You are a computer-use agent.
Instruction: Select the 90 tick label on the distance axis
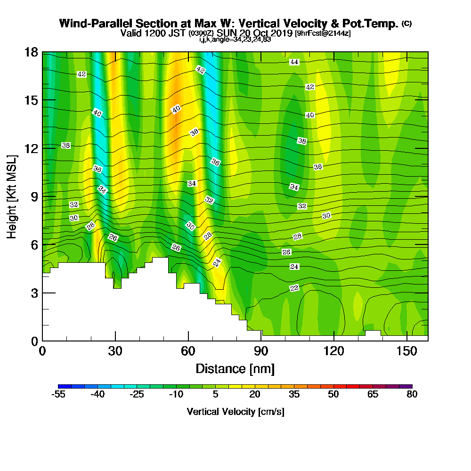[x=261, y=351]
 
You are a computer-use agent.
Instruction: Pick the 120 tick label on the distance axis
[x=333, y=351]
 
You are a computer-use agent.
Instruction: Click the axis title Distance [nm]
[x=235, y=368]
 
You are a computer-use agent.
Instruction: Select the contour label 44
[x=294, y=62]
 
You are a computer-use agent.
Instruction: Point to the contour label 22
[x=294, y=288]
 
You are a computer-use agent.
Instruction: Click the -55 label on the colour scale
[x=58, y=395]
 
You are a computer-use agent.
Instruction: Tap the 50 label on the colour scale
[x=333, y=395]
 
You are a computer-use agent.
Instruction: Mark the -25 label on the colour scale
[x=137, y=395]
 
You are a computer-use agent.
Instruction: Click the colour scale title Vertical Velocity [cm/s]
[x=235, y=412]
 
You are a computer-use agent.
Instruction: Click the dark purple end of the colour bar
[x=408, y=386]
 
